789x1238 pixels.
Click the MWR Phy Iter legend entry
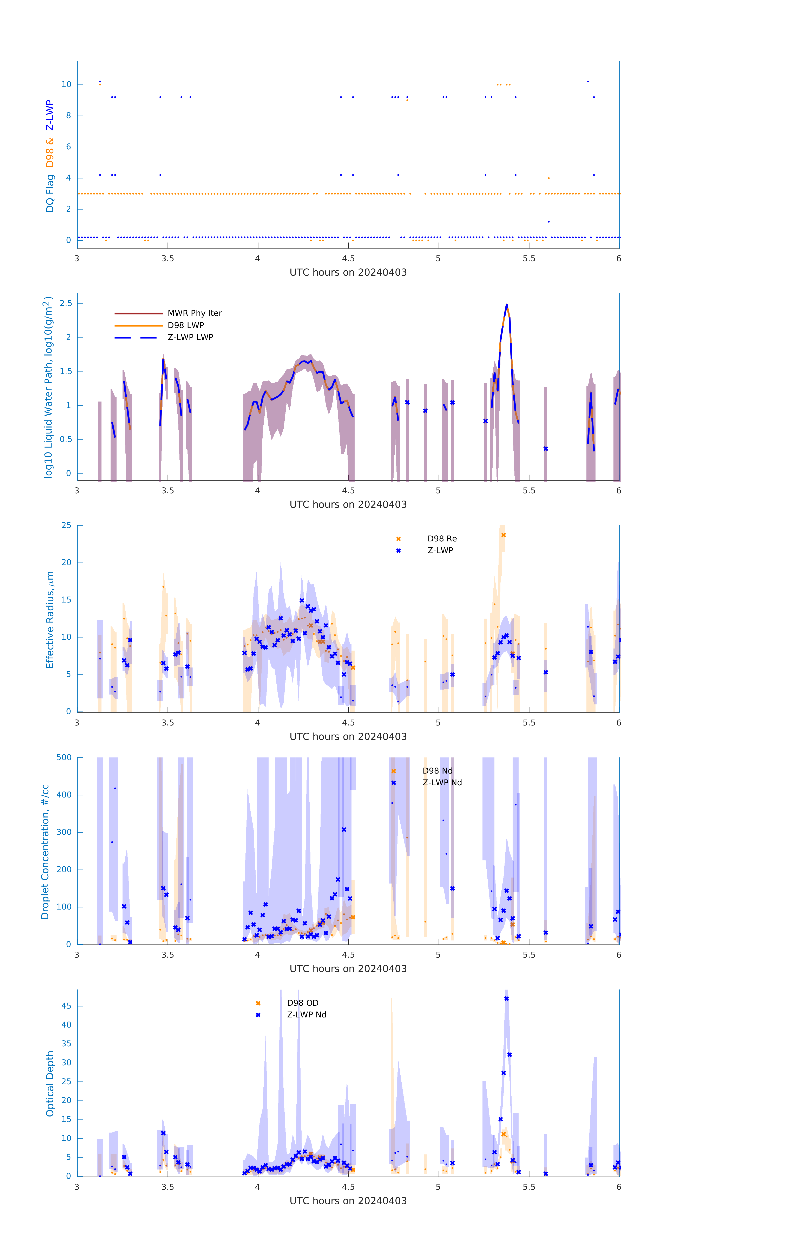point(194,313)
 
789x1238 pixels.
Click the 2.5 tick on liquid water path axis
point(66,303)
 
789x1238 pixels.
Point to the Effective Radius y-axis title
point(50,619)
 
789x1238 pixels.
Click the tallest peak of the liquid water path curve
point(506,305)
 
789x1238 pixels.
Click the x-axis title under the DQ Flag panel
point(348,273)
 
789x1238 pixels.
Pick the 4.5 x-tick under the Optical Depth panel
point(348,1187)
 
